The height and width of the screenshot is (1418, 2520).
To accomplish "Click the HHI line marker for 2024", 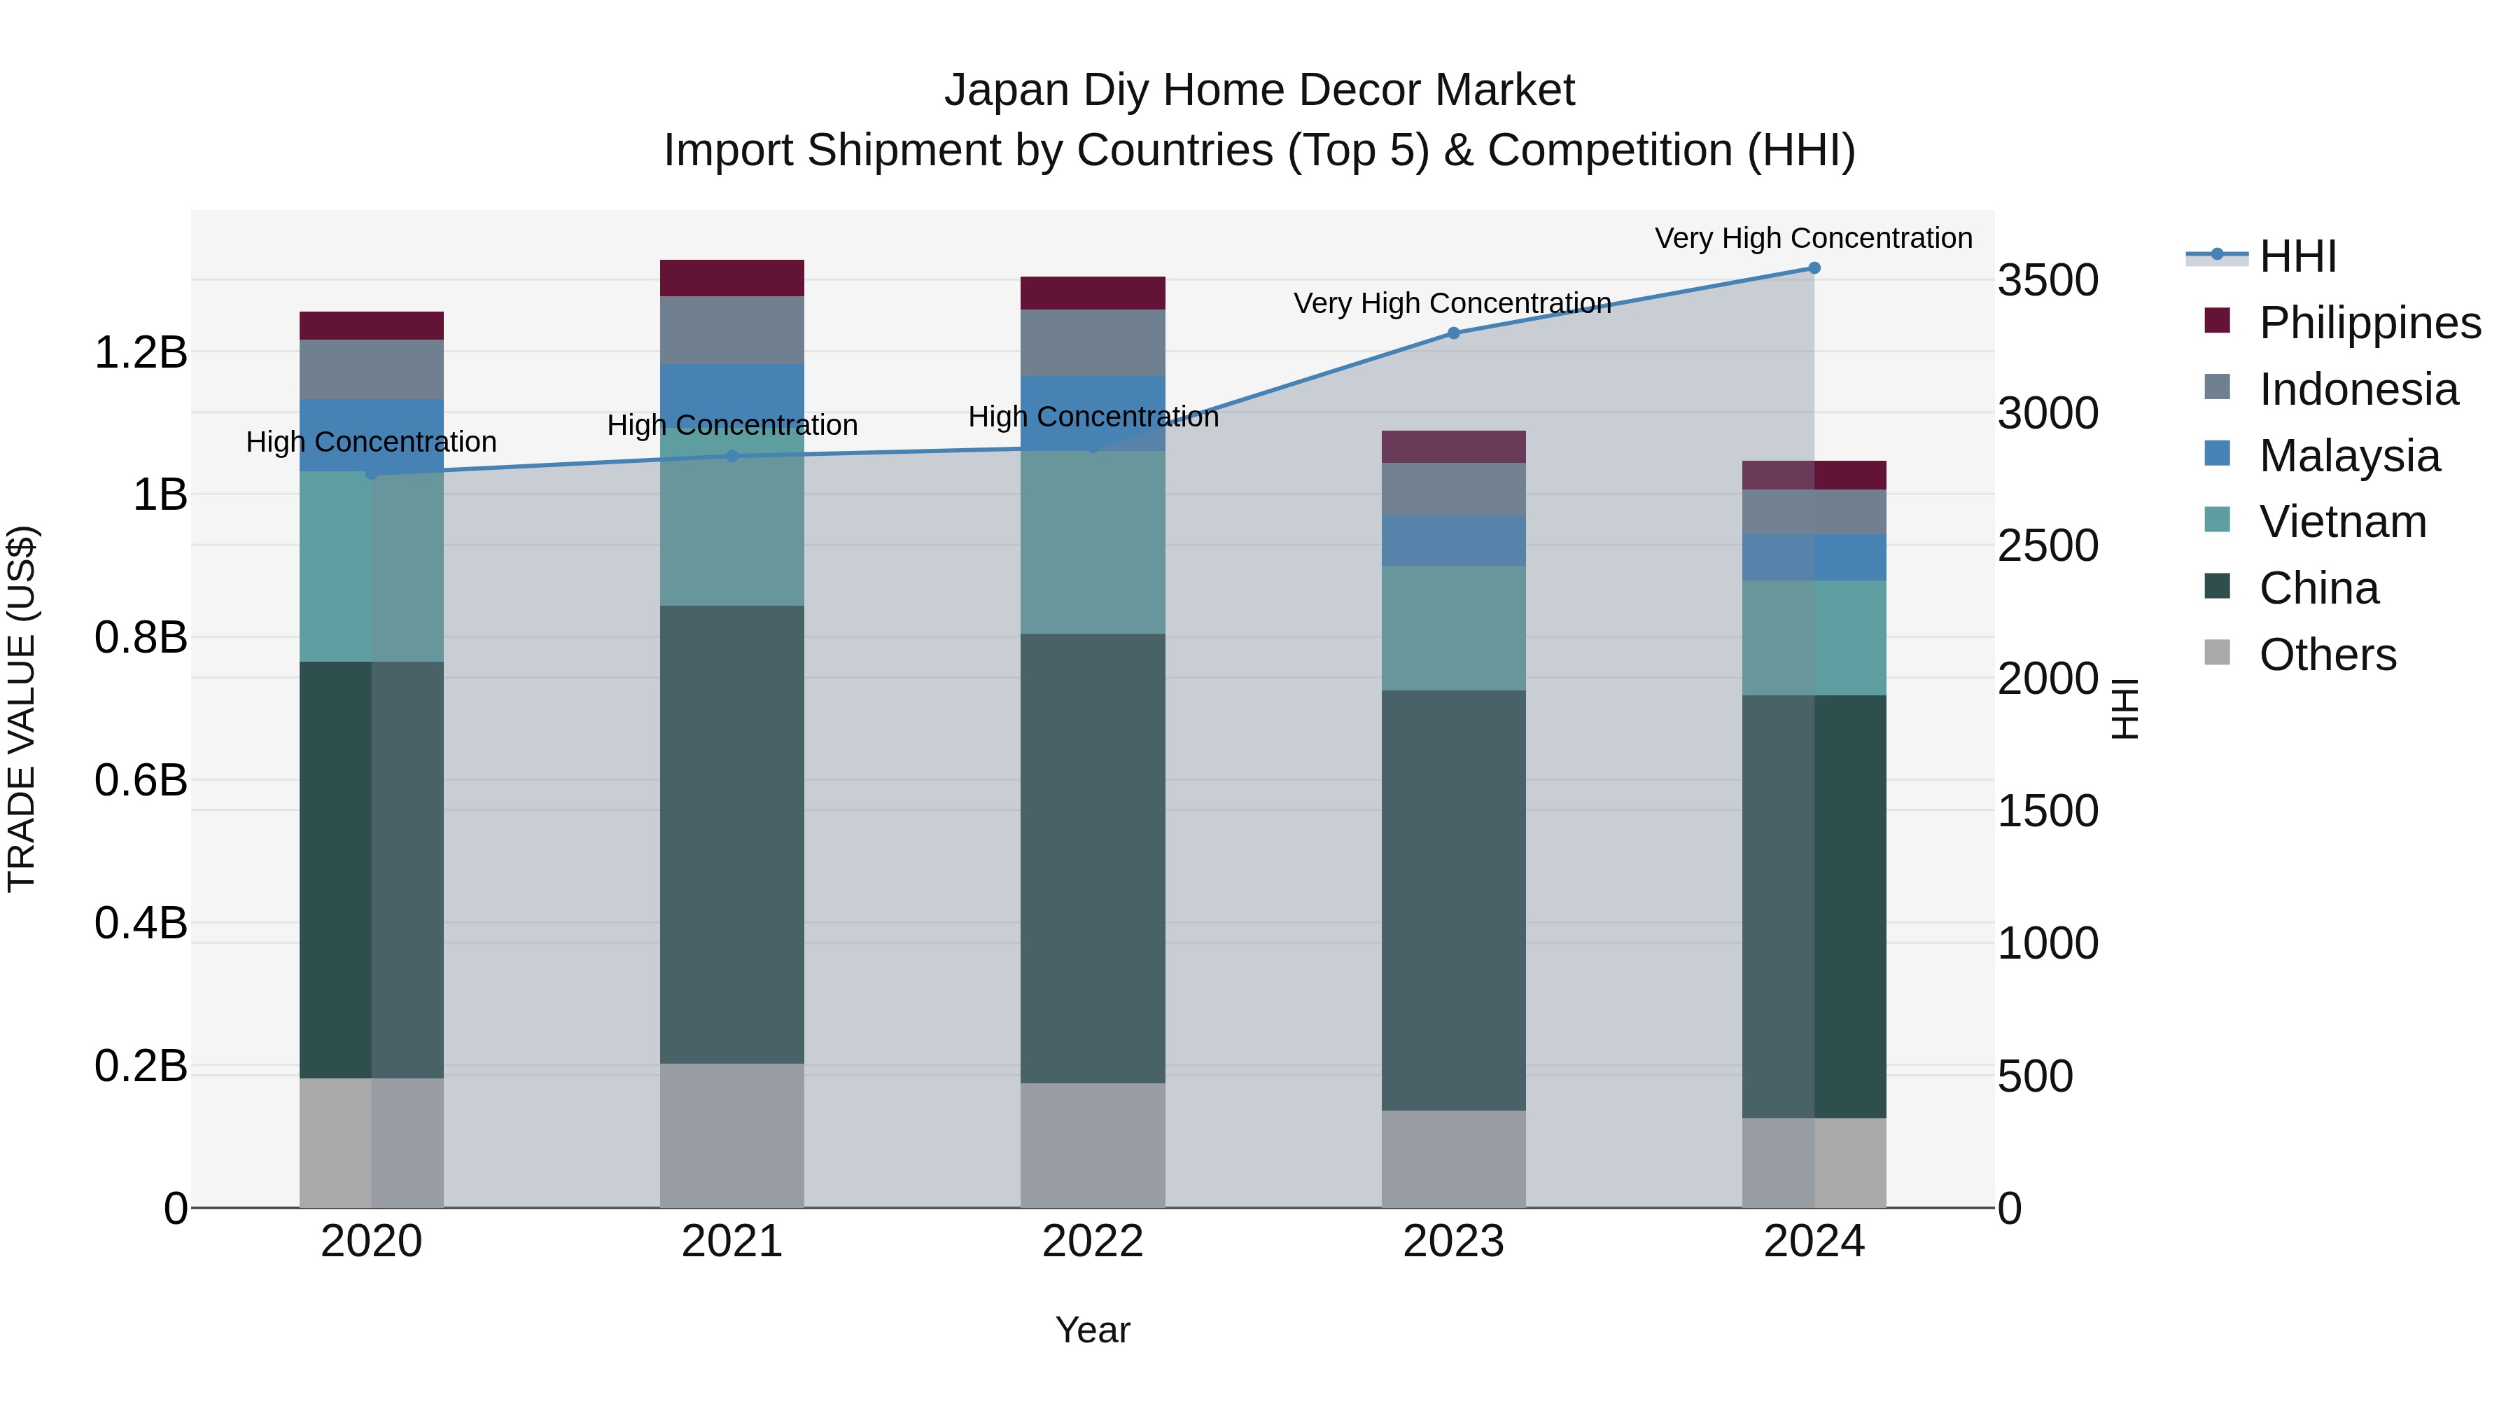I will tap(1814, 268).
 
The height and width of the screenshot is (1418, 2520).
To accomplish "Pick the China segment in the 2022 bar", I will tap(1093, 859).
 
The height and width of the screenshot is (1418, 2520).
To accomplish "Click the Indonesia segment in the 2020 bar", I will tap(371, 369).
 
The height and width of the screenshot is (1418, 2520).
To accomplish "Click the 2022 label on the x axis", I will tap(1093, 1242).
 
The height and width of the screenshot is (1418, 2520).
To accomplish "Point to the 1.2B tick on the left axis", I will tap(140, 352).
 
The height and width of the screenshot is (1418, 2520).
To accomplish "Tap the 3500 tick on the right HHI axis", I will tap(2047, 281).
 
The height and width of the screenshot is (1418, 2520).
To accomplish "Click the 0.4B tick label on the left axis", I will tap(140, 923).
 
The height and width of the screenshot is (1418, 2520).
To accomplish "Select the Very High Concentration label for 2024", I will tap(1813, 238).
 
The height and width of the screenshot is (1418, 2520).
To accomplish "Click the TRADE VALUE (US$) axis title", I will tap(22, 709).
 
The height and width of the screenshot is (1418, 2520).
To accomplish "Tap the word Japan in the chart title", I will tap(1006, 90).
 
